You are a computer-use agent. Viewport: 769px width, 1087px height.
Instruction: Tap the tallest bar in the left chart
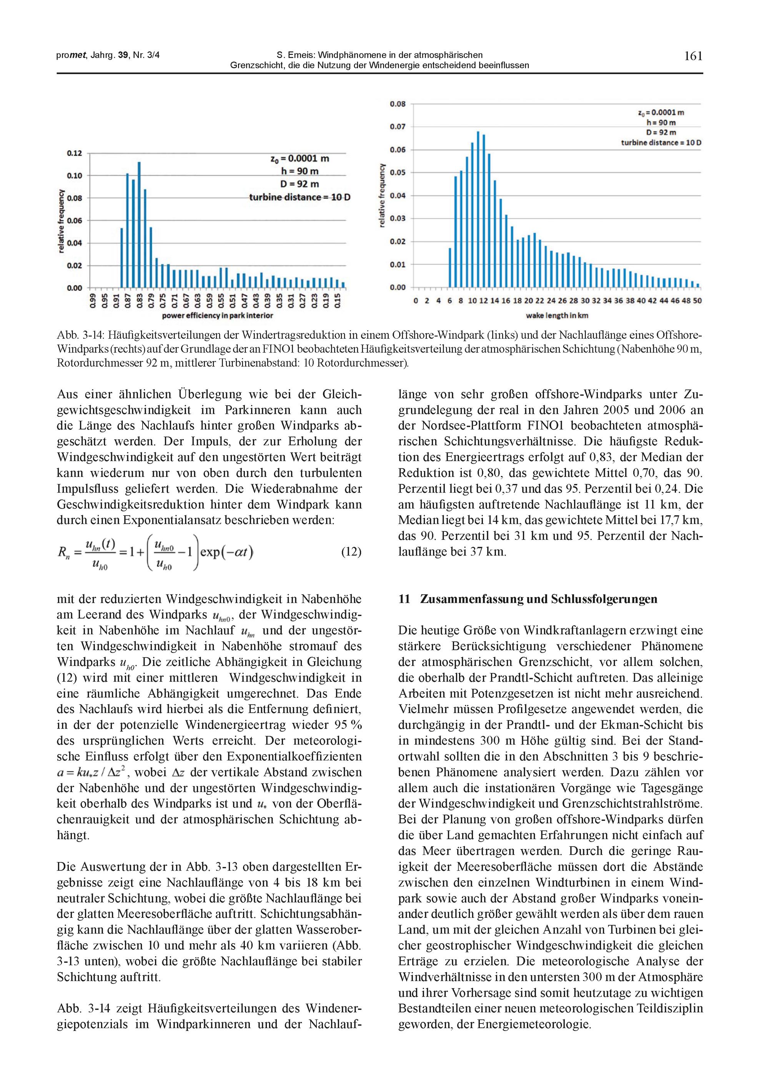[x=139, y=225]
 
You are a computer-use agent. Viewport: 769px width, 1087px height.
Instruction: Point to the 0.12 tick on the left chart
[x=74, y=153]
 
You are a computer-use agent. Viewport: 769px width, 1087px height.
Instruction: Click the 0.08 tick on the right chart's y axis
[x=398, y=104]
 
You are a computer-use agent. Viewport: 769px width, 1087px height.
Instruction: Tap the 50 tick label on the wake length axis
[x=697, y=301]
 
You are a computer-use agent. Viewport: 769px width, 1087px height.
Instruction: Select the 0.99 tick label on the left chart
[x=93, y=301]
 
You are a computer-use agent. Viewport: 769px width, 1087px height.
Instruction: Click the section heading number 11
[x=403, y=599]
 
